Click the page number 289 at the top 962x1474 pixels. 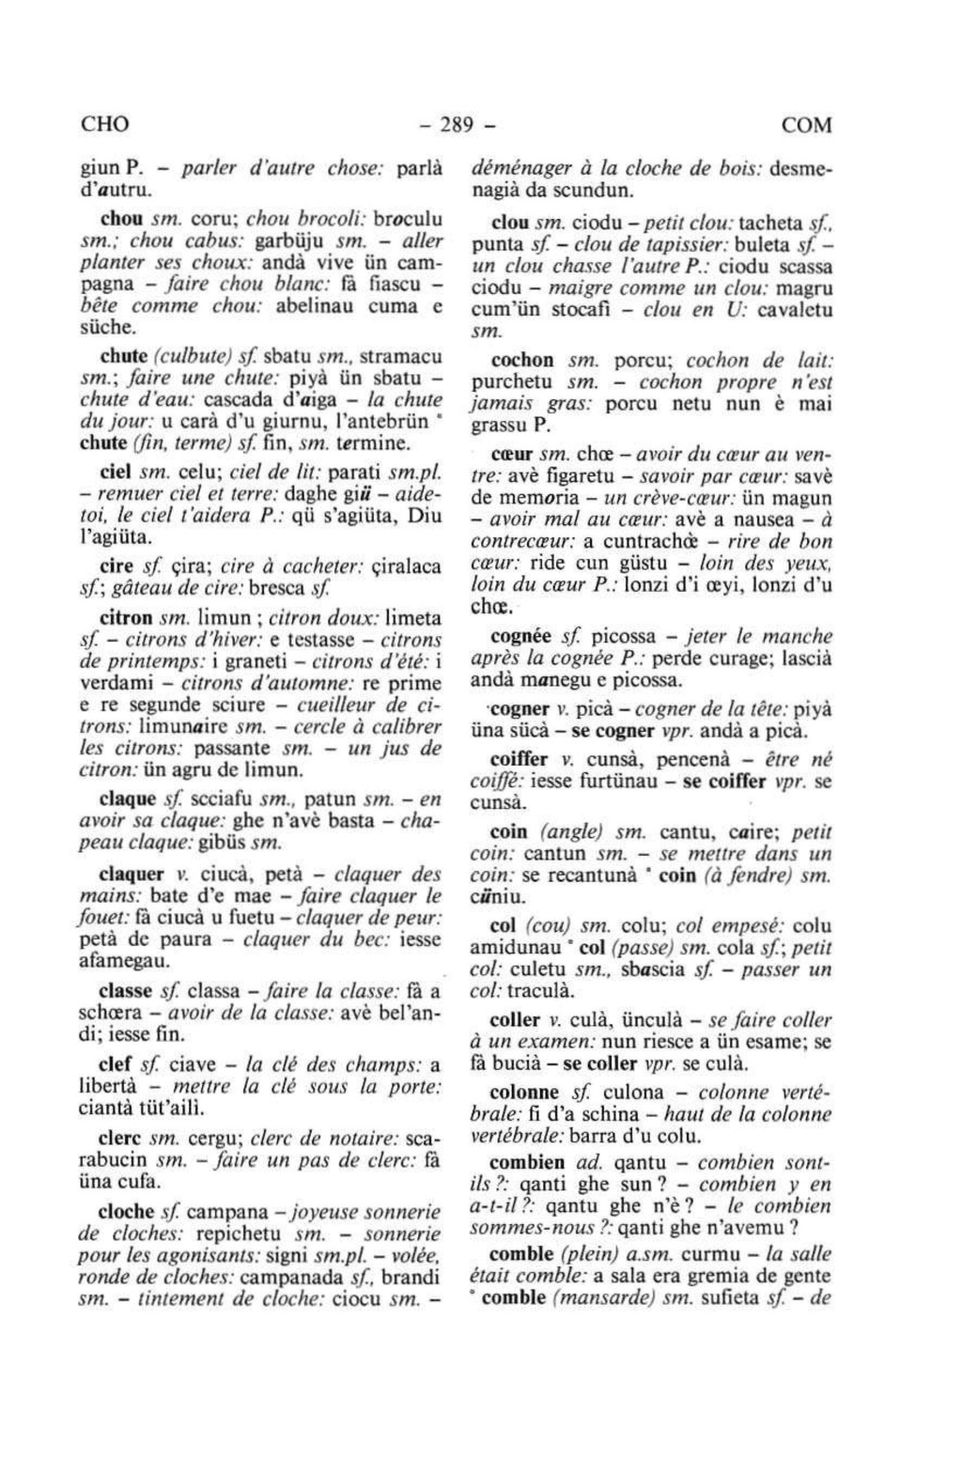458,125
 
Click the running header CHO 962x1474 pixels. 104,125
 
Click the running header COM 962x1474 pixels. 806,125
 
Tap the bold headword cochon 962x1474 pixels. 522,360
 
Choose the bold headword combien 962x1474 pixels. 527,1162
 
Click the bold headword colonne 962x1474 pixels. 524,1093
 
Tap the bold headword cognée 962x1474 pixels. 520,636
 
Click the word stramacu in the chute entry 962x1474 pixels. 403,357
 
